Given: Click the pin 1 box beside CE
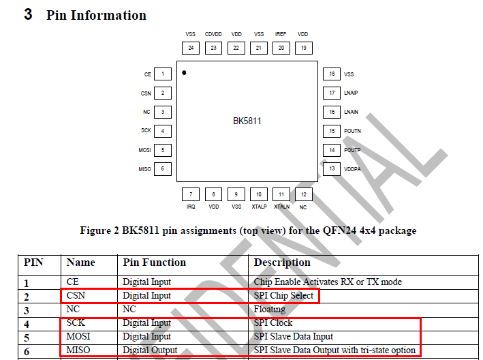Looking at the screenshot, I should click(x=162, y=74).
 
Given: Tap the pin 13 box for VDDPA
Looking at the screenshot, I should click(x=332, y=168).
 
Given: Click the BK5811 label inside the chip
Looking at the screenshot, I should click(x=247, y=121).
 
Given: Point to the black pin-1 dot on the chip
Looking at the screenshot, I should click(x=184, y=72).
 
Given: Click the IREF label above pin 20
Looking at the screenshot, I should click(x=280, y=34).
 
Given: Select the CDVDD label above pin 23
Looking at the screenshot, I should click(x=213, y=34).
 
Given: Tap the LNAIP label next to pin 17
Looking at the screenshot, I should click(x=352, y=93).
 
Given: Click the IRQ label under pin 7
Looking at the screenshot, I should click(x=191, y=206).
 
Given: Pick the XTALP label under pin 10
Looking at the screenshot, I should click(x=259, y=206).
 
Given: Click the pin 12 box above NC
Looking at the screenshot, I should click(x=304, y=194).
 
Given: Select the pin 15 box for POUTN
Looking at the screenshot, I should click(x=332, y=131).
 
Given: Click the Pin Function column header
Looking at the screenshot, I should click(x=154, y=262).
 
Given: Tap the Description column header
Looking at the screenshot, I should click(x=282, y=262).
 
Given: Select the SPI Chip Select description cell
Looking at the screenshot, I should click(x=284, y=296).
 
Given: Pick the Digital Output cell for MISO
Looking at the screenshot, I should click(x=150, y=350).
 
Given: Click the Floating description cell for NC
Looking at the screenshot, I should click(x=270, y=310).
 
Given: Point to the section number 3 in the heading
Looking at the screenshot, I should click(x=28, y=14).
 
